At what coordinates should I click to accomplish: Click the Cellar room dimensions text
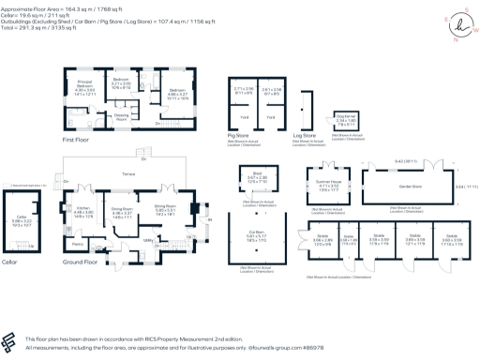(22, 223)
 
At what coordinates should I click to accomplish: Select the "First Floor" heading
(79, 138)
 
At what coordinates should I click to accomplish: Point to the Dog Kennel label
(342, 116)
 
